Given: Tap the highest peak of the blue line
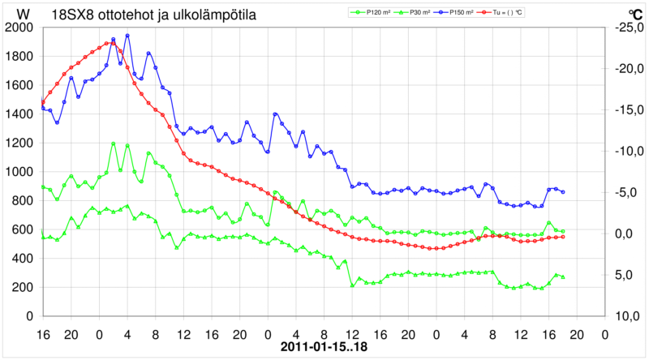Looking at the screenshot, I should [x=127, y=36].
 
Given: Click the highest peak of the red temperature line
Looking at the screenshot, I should [x=110, y=43].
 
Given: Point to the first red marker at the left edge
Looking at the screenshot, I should [x=42, y=102].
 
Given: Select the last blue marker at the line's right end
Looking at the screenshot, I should [x=563, y=192].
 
